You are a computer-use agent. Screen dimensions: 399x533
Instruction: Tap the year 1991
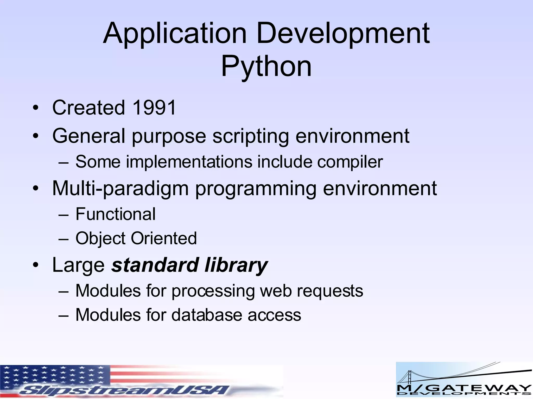point(154,107)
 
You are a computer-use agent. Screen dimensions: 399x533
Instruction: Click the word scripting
point(251,136)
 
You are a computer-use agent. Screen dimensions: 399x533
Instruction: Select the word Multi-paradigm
point(120,188)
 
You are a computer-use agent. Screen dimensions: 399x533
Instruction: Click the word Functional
point(115,214)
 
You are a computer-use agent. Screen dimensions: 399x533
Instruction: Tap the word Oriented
point(164,238)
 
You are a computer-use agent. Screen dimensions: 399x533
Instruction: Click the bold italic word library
point(236,265)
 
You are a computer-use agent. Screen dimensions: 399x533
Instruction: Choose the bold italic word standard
point(155,265)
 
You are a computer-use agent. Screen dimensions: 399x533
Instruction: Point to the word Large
point(78,265)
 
